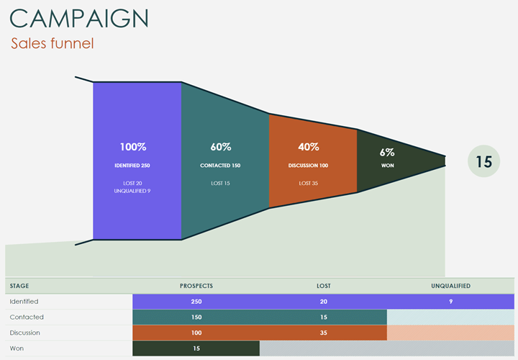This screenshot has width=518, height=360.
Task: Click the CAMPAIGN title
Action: pyautogui.click(x=80, y=18)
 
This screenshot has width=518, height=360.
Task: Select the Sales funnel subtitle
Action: pyautogui.click(x=52, y=43)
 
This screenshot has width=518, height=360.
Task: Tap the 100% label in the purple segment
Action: pyautogui.click(x=132, y=147)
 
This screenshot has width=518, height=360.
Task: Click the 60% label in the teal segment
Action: pyautogui.click(x=221, y=147)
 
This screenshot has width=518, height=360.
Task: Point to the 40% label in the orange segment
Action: pyautogui.click(x=309, y=147)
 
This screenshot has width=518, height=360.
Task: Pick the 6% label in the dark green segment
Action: pyautogui.click(x=388, y=152)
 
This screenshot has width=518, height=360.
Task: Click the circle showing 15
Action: pyautogui.click(x=484, y=162)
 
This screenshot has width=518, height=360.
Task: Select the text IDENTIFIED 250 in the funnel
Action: pyautogui.click(x=132, y=166)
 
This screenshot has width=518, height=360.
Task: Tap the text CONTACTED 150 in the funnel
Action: pyautogui.click(x=220, y=166)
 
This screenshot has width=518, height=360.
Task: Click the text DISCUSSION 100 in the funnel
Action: pyautogui.click(x=309, y=166)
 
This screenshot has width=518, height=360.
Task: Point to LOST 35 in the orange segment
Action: pyautogui.click(x=309, y=183)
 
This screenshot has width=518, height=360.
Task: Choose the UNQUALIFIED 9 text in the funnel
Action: pyautogui.click(x=132, y=191)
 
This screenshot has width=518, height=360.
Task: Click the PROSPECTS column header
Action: pyautogui.click(x=196, y=286)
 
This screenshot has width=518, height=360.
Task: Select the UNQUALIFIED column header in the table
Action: pyautogui.click(x=450, y=286)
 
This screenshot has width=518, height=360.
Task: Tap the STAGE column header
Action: pyautogui.click(x=19, y=286)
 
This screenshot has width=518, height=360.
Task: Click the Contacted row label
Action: pyautogui.click(x=27, y=317)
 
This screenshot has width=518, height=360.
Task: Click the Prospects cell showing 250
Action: pyautogui.click(x=196, y=302)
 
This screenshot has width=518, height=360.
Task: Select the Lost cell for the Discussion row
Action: pyautogui.click(x=324, y=333)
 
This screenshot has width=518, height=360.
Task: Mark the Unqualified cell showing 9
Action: pyautogui.click(x=451, y=302)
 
